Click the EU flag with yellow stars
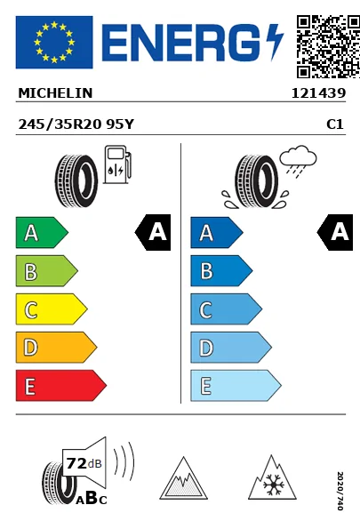[54, 42]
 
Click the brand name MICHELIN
[55, 92]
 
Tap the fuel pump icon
[116, 166]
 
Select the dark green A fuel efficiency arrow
[40, 234]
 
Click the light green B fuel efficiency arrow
[45, 271]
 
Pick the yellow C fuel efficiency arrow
[50, 309]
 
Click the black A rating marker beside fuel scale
[154, 233]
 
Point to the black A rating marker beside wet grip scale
[336, 233]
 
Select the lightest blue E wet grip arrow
[234, 386]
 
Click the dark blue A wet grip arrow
[215, 234]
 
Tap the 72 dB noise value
[82, 462]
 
